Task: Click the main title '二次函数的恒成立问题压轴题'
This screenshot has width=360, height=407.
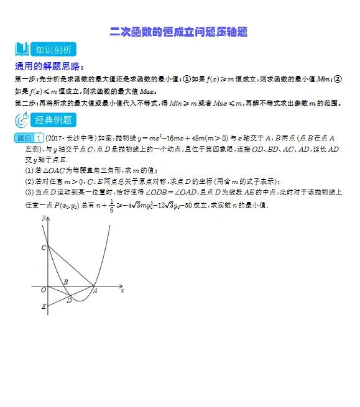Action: [x=179, y=31]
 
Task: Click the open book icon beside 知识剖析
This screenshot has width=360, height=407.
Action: [x=22, y=50]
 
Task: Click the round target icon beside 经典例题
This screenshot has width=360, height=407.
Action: [x=22, y=120]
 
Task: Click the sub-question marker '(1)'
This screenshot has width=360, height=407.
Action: [x=29, y=170]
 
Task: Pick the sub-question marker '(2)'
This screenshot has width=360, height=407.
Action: [x=29, y=181]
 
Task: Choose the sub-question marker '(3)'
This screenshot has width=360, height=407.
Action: [x=29, y=193]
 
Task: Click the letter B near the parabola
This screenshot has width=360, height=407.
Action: [x=66, y=281]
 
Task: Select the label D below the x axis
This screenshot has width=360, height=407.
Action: [x=69, y=301]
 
